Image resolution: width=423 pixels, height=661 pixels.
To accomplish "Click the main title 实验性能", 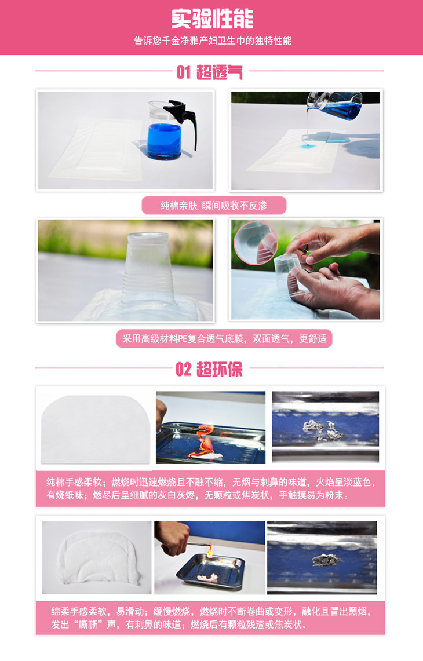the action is pos(211,19).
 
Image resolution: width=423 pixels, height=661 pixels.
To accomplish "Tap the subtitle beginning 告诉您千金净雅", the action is pos(213,41).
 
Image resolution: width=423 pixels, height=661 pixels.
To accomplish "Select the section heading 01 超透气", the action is pos(209,72).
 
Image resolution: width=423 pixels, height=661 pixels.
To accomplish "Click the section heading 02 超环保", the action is pos(209,369).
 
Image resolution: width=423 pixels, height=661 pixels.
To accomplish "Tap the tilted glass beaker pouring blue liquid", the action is pos(335,106).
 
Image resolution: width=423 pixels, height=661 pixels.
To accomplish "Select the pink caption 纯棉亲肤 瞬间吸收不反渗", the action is pos(214,205).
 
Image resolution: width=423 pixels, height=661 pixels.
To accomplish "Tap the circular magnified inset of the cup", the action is pos(256,243).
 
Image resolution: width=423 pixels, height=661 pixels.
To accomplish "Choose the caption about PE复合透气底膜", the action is pos(224,338).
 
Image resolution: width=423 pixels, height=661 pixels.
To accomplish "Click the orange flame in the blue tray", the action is pos(205,442).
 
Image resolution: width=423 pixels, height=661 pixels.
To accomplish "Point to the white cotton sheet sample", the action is pos(96,429).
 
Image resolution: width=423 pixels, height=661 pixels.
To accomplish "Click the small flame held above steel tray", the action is pos(209,550).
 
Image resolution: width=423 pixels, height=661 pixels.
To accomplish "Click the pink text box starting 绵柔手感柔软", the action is pos(210,618).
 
